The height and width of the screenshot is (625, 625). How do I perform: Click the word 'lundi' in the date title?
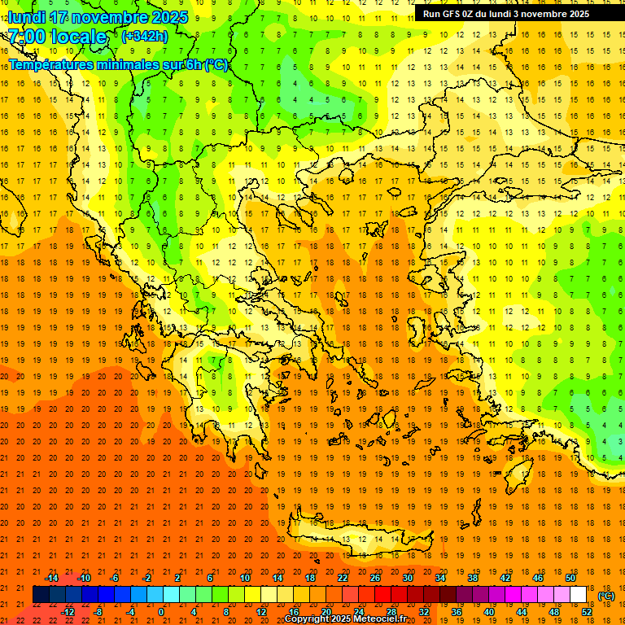(x=26, y=17)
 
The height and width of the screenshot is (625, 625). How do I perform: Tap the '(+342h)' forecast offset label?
(x=144, y=37)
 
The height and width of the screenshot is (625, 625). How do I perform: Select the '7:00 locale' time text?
(x=57, y=37)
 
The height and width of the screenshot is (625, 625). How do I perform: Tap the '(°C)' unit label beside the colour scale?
(x=606, y=596)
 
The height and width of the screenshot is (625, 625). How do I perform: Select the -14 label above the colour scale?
(x=51, y=578)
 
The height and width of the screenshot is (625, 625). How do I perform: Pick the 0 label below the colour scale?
(x=161, y=612)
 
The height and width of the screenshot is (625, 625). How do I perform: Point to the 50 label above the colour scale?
(x=570, y=578)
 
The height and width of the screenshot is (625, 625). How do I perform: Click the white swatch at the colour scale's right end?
(x=579, y=595)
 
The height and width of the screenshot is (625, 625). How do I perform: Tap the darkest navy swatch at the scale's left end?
(x=41, y=595)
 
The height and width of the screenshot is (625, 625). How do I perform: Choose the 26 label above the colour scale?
(x=375, y=578)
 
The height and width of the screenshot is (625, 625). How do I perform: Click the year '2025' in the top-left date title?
(x=170, y=17)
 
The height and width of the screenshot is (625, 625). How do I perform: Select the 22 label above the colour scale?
(x=343, y=578)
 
